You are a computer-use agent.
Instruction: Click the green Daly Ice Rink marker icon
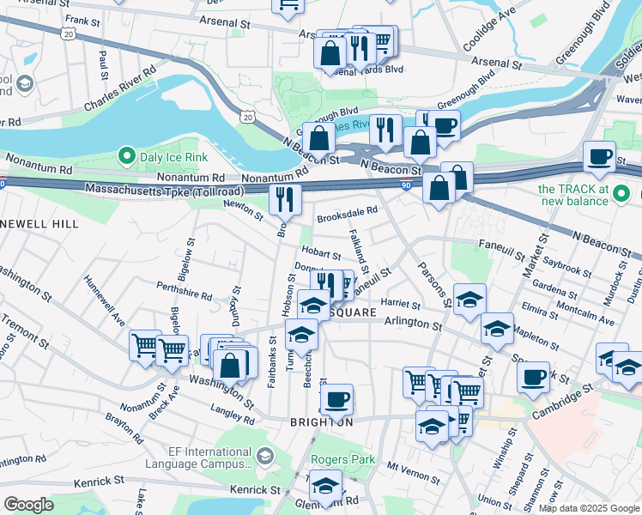[127, 156]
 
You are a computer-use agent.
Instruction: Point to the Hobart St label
[322, 255]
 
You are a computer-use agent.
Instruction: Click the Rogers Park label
[342, 460]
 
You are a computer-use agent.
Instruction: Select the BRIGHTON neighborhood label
[322, 422]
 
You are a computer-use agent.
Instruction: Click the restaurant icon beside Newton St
[285, 199]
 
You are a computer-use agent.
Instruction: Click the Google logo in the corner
[28, 505]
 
